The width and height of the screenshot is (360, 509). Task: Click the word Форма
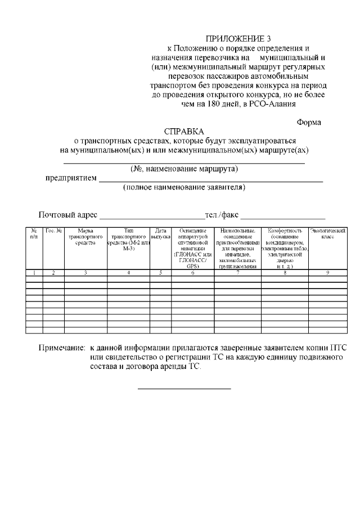click(309, 122)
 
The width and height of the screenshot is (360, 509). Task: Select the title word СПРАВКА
click(184, 131)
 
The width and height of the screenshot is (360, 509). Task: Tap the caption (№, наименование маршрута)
click(184, 169)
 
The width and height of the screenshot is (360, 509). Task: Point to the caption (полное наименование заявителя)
click(184, 187)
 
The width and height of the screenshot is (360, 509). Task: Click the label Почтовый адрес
click(67, 215)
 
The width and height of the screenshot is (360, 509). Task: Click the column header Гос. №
click(53, 231)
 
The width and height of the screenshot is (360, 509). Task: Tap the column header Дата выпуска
click(160, 235)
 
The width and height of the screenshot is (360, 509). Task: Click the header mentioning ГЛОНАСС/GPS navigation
click(193, 248)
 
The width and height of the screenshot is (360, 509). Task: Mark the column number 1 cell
click(34, 273)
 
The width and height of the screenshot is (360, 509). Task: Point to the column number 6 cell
click(193, 273)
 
